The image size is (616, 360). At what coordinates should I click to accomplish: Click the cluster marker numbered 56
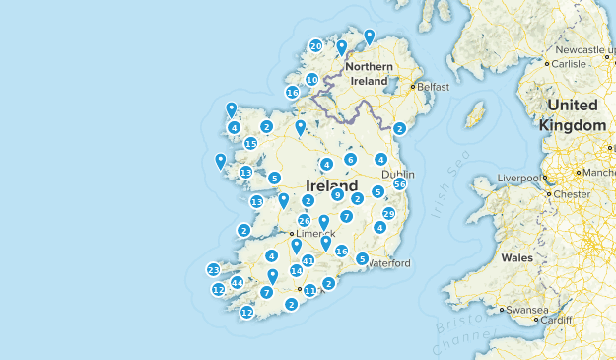click(x=400, y=184)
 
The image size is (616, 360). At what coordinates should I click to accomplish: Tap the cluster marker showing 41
click(x=308, y=260)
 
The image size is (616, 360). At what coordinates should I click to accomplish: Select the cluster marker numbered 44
click(x=237, y=283)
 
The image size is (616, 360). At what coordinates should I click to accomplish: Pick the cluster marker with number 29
click(x=388, y=214)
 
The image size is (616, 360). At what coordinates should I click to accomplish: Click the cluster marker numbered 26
click(x=305, y=220)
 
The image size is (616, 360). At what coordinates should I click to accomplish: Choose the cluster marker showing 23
click(x=213, y=269)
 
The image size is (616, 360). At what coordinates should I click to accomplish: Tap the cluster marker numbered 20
click(x=315, y=45)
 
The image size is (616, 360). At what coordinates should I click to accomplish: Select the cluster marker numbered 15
click(x=251, y=143)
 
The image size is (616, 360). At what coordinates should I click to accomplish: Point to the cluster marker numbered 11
click(x=309, y=290)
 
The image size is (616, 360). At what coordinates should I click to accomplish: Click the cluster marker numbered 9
click(x=337, y=195)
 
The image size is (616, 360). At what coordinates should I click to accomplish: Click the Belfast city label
click(x=432, y=87)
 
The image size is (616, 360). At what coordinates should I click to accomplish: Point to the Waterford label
click(x=388, y=263)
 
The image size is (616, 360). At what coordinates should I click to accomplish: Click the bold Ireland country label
click(x=332, y=184)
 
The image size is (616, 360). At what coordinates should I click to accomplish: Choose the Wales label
click(x=516, y=257)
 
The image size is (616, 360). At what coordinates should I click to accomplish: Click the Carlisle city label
click(x=570, y=63)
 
